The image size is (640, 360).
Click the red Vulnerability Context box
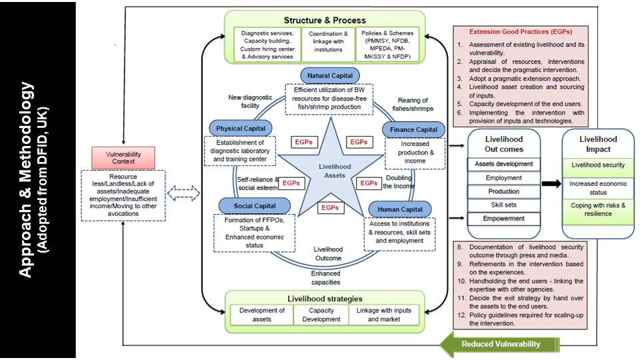[x=123, y=158]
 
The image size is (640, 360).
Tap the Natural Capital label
[x=330, y=75]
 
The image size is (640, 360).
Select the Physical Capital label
[x=241, y=127]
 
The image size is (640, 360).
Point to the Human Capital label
[x=399, y=209]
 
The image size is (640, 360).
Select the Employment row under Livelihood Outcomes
[x=504, y=177]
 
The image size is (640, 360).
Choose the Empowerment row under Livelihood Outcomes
[x=504, y=219]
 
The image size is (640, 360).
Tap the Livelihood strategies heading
[x=325, y=297]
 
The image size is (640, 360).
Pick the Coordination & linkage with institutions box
[x=327, y=41]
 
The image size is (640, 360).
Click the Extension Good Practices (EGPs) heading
[x=511, y=31]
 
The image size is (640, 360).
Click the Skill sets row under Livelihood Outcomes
[x=504, y=205]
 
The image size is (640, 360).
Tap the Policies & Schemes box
[x=388, y=44]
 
